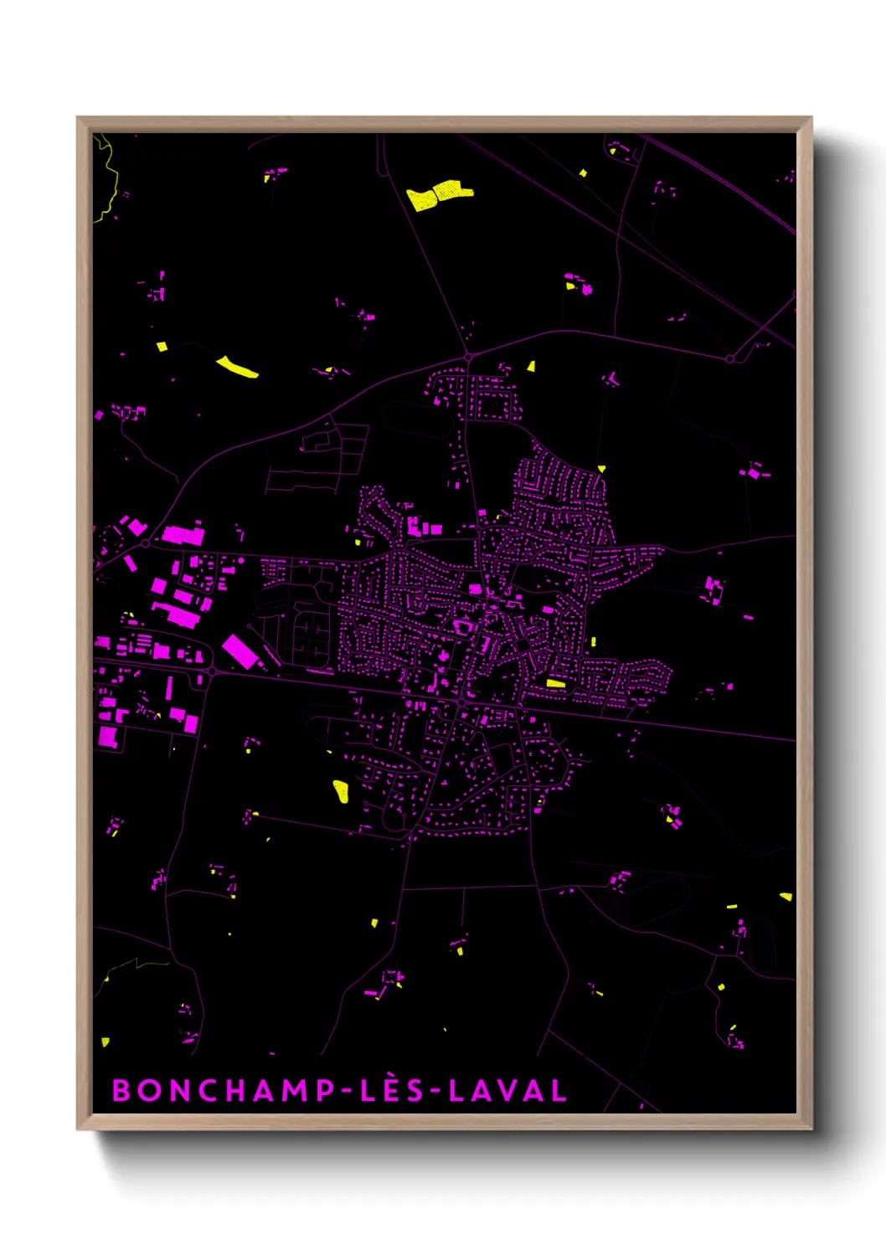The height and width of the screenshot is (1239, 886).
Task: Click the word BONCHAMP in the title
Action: (222, 1090)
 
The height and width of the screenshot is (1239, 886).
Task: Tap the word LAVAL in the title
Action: (507, 1090)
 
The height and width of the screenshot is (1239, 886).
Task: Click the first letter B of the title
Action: (122, 1090)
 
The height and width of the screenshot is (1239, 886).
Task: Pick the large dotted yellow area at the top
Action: (439, 194)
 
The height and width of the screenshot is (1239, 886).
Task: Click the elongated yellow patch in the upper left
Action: (237, 367)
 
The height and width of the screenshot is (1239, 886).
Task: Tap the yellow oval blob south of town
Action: (341, 790)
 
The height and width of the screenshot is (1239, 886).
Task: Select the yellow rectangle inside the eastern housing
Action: (555, 683)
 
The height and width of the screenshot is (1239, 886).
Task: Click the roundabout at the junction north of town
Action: (469, 357)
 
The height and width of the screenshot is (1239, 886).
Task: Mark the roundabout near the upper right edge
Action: (730, 359)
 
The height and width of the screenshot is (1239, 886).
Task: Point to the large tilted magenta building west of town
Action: (240, 651)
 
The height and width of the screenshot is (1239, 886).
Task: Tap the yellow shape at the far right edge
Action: (786, 897)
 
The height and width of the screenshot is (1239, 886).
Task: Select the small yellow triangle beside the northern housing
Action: (531, 366)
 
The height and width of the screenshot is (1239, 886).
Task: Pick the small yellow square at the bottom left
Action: (105, 1041)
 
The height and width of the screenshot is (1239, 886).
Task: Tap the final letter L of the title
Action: (558, 1090)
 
